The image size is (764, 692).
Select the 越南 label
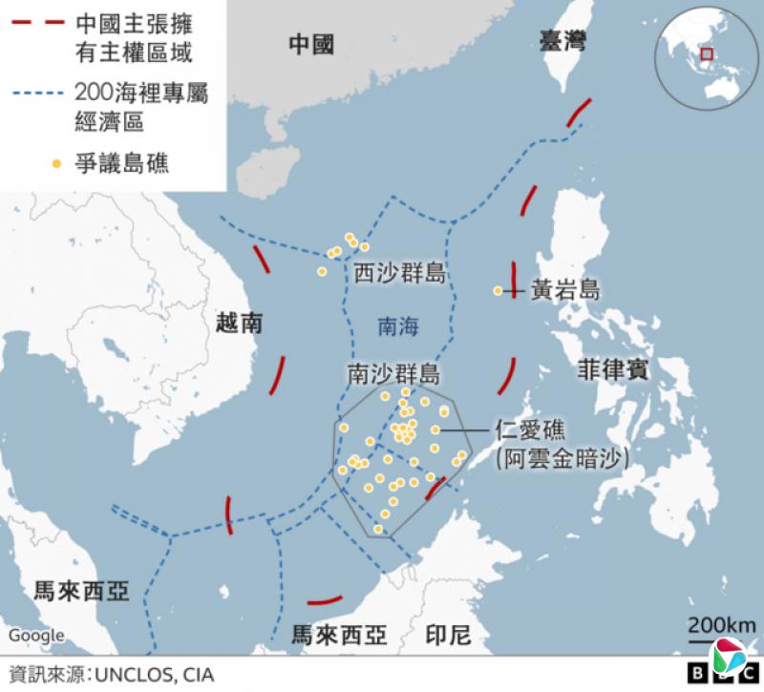pos(239,324)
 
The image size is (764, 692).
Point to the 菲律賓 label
pos(612,370)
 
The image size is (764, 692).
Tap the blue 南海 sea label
pos(398,325)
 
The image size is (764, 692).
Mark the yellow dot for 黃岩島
pos(498,290)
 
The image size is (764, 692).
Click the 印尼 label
pos(444,634)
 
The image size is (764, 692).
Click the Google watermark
pos(36,635)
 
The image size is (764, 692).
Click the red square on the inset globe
pos(707,53)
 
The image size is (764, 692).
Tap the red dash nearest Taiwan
pos(578,113)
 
